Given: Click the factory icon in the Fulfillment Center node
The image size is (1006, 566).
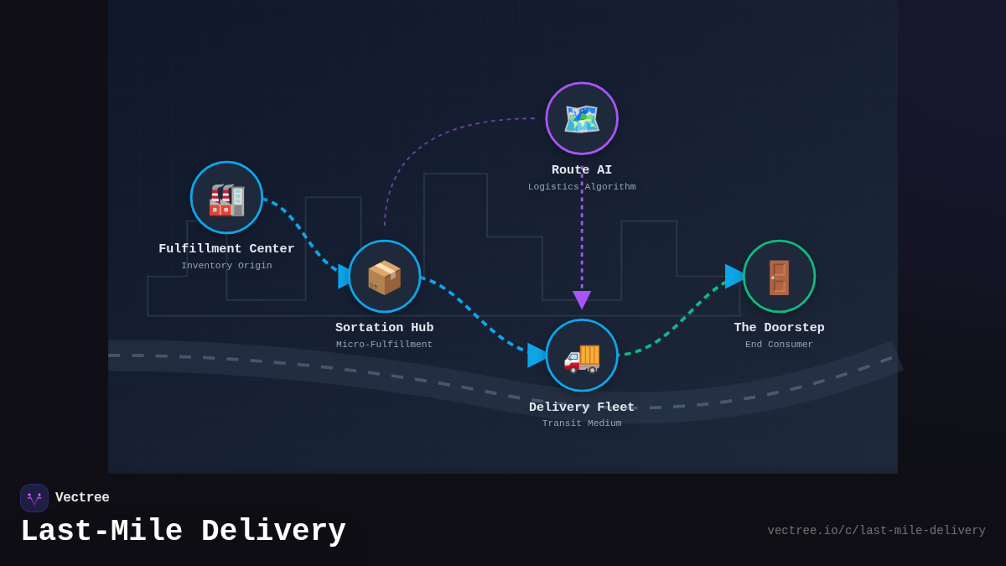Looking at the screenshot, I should [226, 199].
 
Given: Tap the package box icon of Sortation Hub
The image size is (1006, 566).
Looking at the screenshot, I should [385, 278].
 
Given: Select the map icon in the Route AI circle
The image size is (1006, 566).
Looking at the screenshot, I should [582, 119].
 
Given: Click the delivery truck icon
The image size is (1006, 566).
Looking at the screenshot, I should [582, 356].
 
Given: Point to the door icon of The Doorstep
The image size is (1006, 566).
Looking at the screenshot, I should [779, 278].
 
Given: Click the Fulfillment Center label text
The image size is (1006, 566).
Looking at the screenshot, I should [226, 249].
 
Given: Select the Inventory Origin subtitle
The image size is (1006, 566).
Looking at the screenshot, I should [226, 266].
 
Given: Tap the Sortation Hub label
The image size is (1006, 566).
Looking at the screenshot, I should [385, 328].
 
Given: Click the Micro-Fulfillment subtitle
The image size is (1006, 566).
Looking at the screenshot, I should [385, 345].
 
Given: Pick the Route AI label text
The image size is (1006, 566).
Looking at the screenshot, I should [582, 170].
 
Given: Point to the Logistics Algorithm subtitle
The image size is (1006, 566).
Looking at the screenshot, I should [582, 187].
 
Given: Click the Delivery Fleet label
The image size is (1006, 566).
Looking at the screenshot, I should [582, 408].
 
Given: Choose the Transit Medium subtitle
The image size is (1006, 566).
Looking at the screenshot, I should [582, 423].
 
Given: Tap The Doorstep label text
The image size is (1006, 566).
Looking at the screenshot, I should [779, 328].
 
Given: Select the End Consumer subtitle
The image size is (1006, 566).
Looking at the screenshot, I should [779, 345].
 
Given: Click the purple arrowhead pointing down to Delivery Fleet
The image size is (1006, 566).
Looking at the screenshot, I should [582, 299].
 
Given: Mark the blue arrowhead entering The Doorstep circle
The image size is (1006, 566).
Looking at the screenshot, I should [734, 276].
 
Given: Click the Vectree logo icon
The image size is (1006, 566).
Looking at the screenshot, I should [34, 498].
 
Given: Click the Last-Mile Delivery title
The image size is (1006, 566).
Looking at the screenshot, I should [183, 532].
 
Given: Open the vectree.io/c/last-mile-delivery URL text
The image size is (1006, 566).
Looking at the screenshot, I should [876, 531].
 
